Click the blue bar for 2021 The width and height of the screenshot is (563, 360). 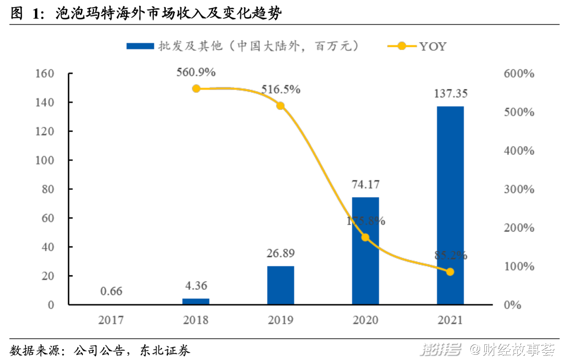tap(450, 205)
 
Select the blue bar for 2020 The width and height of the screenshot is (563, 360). tap(365, 251)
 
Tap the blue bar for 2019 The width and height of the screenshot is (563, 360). tap(280, 285)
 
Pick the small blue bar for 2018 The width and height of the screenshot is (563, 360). tap(196, 301)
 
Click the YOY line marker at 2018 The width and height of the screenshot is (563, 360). tap(196, 89)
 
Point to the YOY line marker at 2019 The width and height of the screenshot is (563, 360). tap(280, 106)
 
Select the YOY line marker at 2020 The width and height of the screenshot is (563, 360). tap(365, 238)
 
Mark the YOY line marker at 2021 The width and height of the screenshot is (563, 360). tap(450, 272)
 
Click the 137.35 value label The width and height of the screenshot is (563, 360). tap(450, 94)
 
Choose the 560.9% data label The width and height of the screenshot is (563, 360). tap(196, 72)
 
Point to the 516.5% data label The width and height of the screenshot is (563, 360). tap(280, 89)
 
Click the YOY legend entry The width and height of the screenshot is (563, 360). tap(417, 46)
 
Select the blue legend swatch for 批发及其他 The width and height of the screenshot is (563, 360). tap(140, 46)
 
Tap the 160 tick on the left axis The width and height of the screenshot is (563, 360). tap(44, 73)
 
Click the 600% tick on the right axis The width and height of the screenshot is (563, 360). tap(519, 73)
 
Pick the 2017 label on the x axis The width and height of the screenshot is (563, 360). tap(111, 319)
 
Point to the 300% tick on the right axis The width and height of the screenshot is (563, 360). tap(519, 189)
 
